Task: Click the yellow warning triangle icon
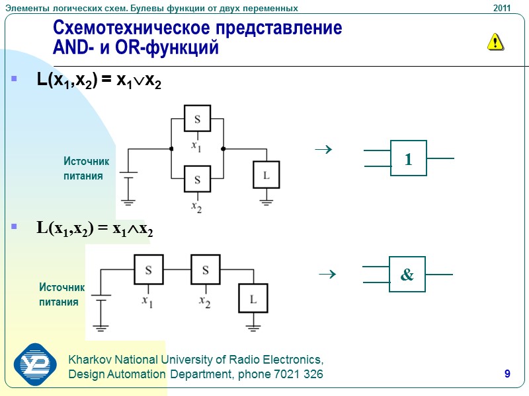(x=495, y=42)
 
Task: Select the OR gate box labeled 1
(x=409, y=158)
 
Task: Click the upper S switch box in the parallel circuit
(x=197, y=119)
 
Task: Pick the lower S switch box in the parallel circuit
(x=197, y=179)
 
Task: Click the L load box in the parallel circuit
(x=266, y=175)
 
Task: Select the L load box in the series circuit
(x=253, y=299)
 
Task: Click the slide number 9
(x=507, y=375)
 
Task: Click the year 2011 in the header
(x=502, y=8)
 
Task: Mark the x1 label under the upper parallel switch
(x=196, y=145)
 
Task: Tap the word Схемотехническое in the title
(x=122, y=29)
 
